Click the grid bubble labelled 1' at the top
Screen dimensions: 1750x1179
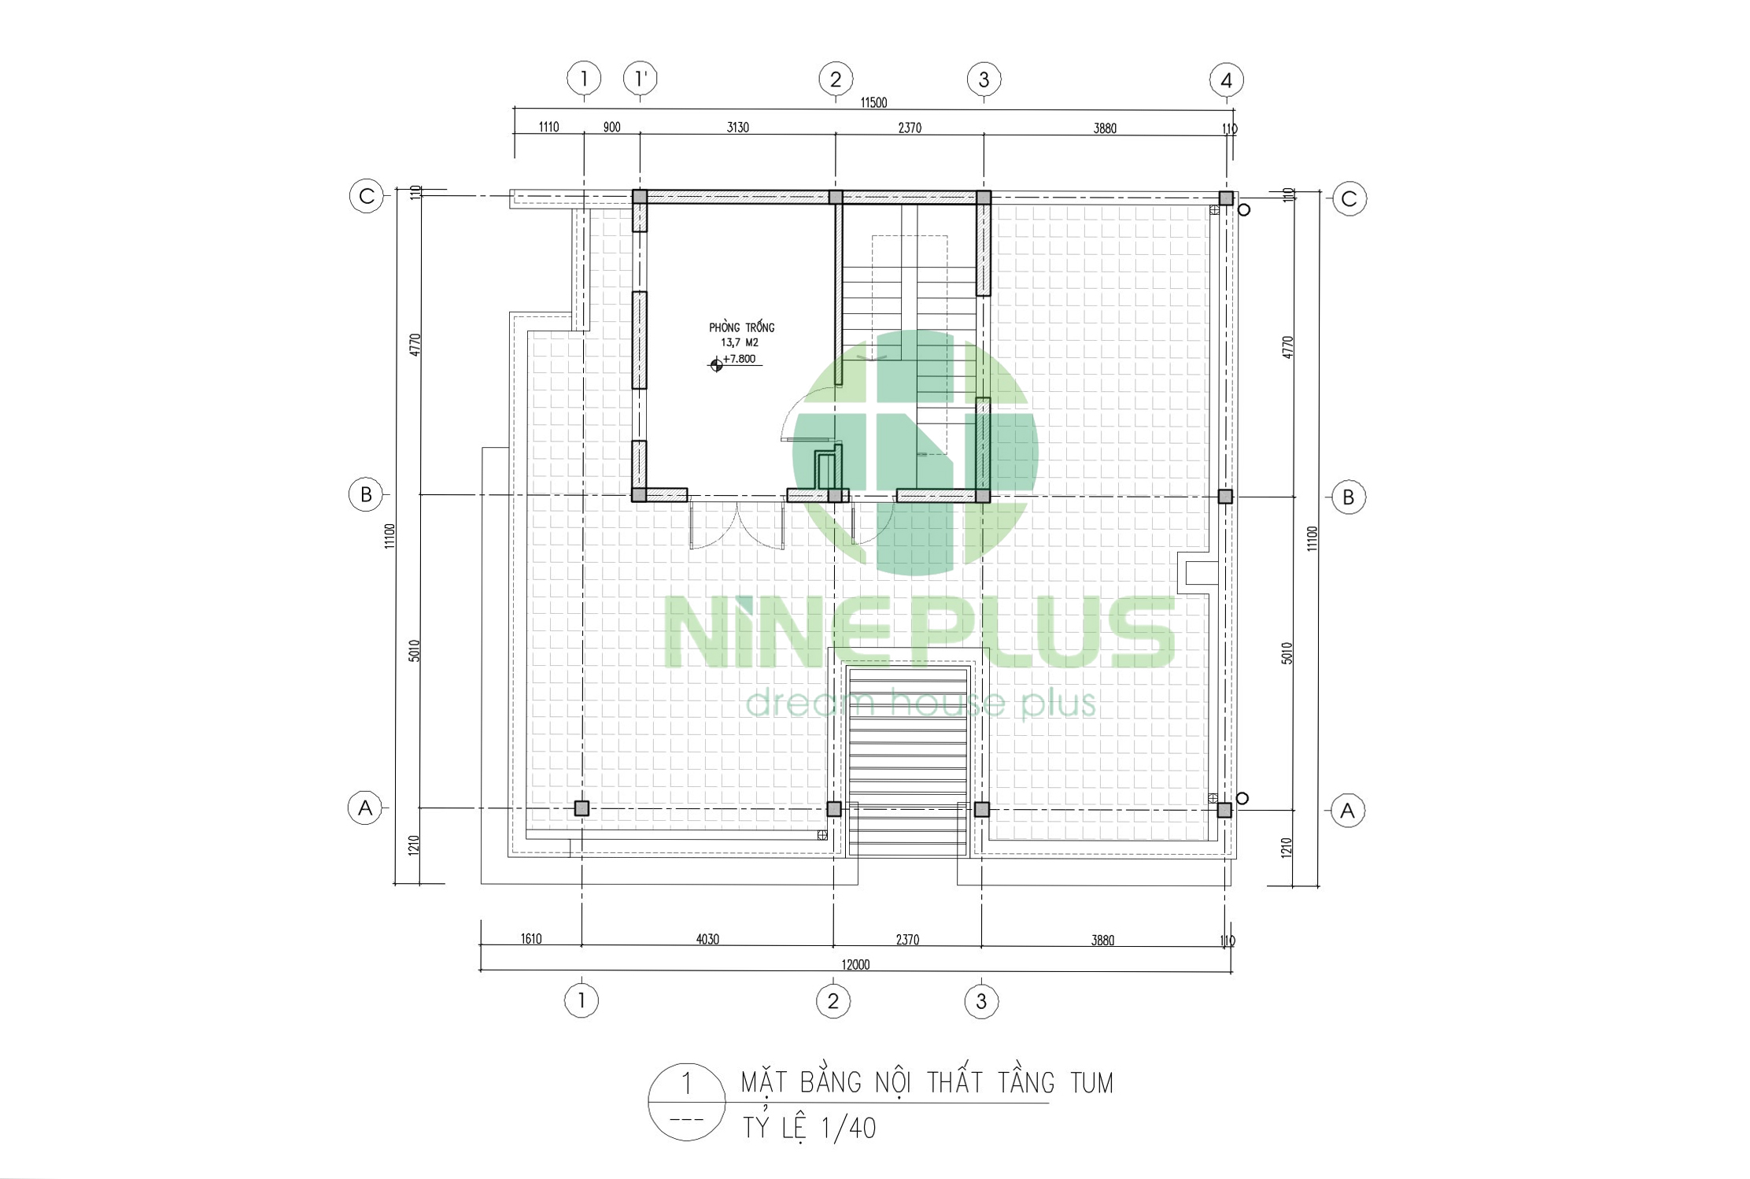click(x=641, y=78)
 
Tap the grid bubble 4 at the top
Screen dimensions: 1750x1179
click(x=1226, y=79)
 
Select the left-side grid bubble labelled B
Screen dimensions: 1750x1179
click(x=366, y=494)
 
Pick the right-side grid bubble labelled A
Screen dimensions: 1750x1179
click(x=1347, y=811)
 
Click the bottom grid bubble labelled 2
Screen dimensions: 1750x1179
click(x=833, y=1001)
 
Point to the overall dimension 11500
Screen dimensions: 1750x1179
click(x=873, y=102)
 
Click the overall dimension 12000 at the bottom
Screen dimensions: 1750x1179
click(x=855, y=965)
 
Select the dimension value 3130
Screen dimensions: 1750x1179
click(x=737, y=128)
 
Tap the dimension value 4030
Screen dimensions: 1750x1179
click(x=707, y=939)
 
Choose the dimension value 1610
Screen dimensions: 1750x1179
click(x=531, y=938)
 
